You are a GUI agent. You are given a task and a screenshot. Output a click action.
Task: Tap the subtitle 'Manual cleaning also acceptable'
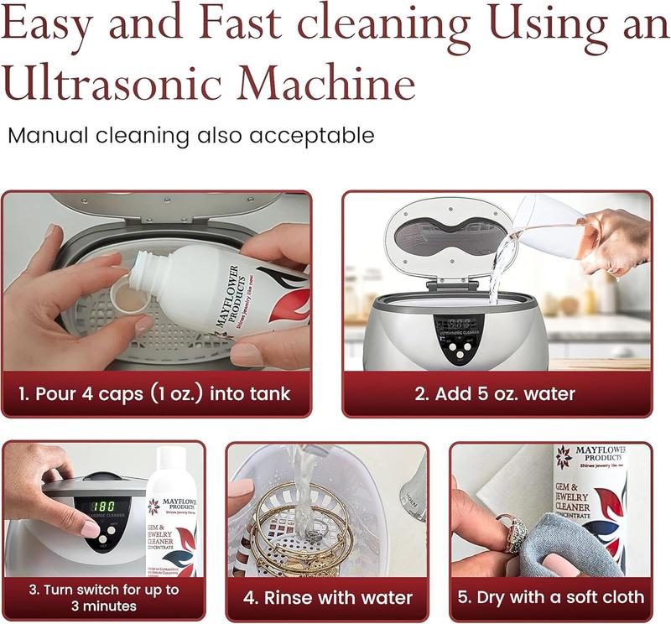point(190,135)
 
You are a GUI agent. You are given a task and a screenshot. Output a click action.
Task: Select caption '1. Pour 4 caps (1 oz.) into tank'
point(156,393)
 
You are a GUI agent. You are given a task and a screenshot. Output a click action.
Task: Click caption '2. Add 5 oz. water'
point(496,393)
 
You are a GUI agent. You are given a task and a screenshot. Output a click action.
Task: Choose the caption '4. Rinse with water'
point(328,598)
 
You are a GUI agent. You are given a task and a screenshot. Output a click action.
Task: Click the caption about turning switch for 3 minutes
point(103,597)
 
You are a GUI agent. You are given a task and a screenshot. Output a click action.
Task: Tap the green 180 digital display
point(104,507)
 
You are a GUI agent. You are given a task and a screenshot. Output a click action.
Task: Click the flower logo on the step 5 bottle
point(564,458)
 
